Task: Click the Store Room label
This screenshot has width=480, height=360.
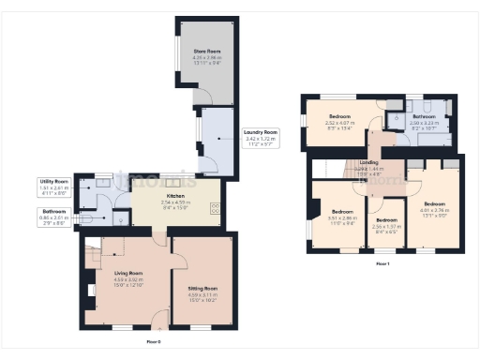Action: point(206,51)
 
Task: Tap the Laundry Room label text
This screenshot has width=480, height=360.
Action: point(259,131)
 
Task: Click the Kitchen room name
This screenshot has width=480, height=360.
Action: point(175,198)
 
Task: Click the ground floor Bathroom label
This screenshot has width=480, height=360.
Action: point(54,211)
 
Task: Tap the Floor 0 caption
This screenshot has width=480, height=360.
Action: point(154,342)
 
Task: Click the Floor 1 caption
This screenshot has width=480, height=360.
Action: point(382,264)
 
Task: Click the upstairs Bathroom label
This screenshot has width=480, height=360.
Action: point(424,115)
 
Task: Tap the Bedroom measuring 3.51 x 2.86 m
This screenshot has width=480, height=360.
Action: point(341,212)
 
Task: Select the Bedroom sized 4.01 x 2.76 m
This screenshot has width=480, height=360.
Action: point(434,203)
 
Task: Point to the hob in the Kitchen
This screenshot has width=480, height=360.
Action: point(216,209)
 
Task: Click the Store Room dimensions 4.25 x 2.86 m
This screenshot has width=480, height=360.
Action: point(206,57)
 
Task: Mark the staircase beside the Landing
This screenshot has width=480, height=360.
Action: point(328,168)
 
